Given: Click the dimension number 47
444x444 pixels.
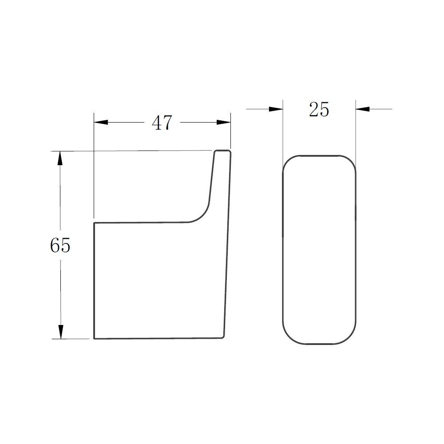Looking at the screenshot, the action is tap(162, 123).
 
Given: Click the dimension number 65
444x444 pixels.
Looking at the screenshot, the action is tap(60, 245).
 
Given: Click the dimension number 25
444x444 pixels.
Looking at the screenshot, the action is tap(319, 109).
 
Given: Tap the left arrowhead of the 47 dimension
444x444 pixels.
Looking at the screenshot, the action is tap(101, 123).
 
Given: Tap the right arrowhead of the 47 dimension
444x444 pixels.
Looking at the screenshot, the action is tap(224, 123).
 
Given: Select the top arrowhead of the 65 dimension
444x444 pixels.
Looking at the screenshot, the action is tap(60, 159).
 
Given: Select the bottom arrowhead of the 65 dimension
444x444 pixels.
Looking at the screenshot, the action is tap(60, 332).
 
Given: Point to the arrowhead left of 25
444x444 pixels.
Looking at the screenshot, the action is tap(276, 109).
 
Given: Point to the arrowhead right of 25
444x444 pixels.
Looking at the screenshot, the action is tap(363, 109).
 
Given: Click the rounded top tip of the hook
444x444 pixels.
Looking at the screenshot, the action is tap(222, 151).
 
